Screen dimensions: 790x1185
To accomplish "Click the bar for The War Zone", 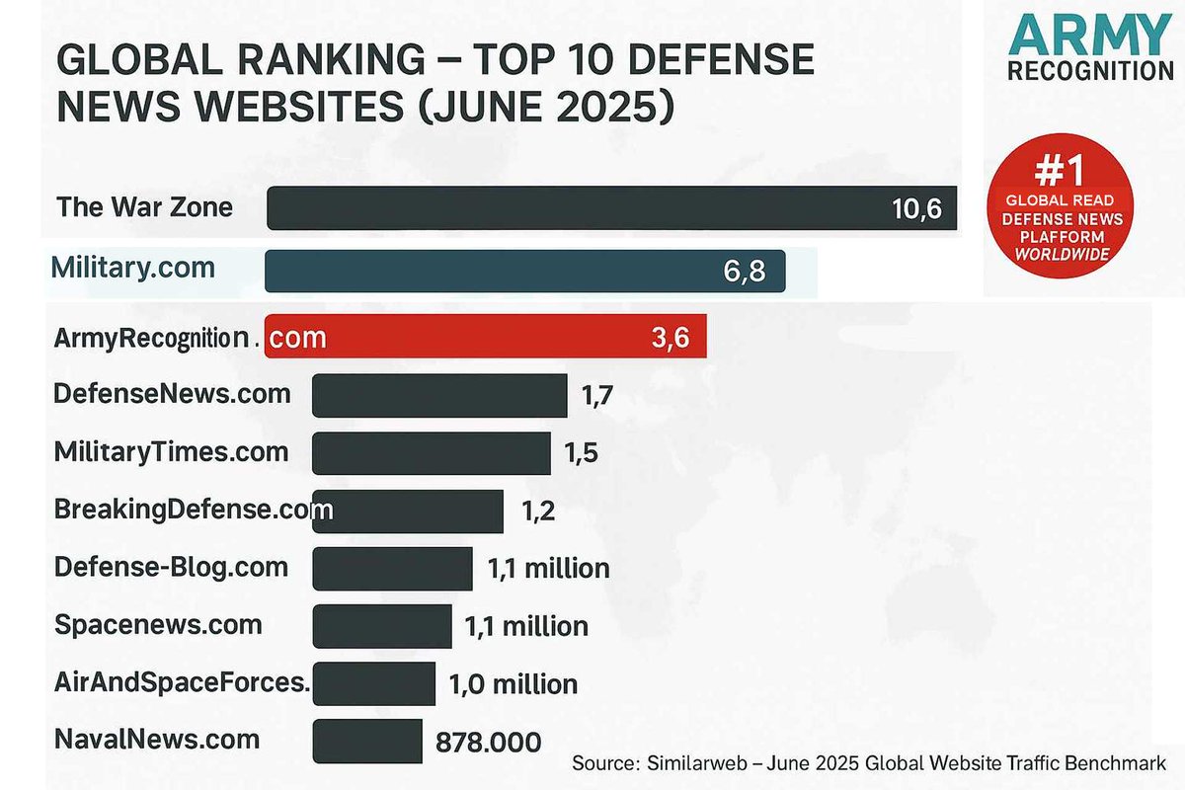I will (612, 208).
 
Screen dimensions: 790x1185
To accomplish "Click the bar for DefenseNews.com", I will (439, 396).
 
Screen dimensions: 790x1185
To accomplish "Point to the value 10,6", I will (917, 209).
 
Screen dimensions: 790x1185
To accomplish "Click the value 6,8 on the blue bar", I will (744, 272).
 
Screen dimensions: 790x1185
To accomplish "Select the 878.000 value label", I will (488, 743).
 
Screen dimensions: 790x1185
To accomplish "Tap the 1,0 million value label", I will (513, 684).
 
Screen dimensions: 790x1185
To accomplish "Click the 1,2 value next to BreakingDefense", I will (538, 512).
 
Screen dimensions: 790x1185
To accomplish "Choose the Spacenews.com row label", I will (158, 625).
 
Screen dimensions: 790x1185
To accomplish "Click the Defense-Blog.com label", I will (172, 567).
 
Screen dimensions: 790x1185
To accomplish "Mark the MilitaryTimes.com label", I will (172, 452).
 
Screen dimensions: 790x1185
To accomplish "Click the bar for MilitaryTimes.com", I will (432, 453).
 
